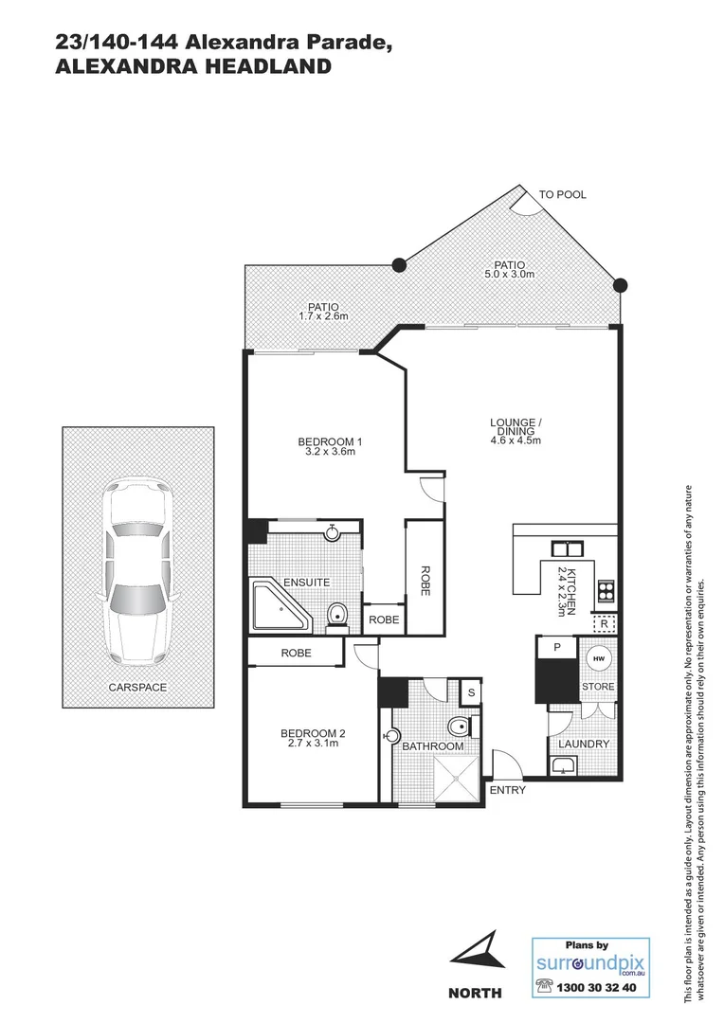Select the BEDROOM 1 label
click(331, 441)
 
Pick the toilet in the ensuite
click(336, 617)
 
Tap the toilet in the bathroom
click(458, 727)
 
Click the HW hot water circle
click(598, 658)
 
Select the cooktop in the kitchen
click(604, 592)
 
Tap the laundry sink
click(566, 764)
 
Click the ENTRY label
click(507, 790)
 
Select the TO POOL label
click(563, 194)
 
